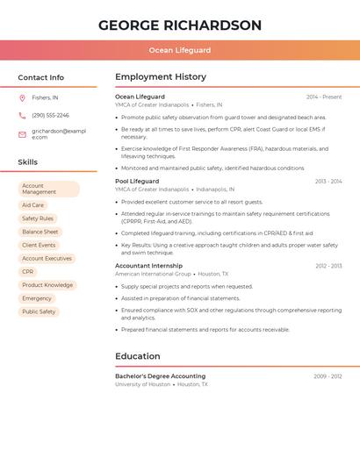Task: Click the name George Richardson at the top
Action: coord(180,25)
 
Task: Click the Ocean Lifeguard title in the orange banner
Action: coord(180,51)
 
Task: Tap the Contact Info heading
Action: coord(40,77)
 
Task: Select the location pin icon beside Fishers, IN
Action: coord(22,97)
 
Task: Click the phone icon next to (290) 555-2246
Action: coord(22,115)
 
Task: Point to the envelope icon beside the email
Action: coord(22,134)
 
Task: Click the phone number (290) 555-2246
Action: coord(50,115)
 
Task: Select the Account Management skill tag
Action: coord(48,189)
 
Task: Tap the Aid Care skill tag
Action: coord(32,205)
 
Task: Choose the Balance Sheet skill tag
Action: coord(40,232)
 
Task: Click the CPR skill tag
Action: coord(28,272)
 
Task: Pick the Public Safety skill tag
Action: coord(39,311)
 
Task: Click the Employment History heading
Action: coord(161,77)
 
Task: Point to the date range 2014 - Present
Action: coord(324,97)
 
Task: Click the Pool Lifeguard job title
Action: coord(137,181)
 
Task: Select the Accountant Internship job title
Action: coord(148,265)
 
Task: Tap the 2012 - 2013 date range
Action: coord(328,265)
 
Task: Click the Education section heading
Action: coord(138,356)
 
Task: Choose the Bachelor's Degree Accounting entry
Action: coord(160,376)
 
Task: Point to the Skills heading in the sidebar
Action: coord(27,162)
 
